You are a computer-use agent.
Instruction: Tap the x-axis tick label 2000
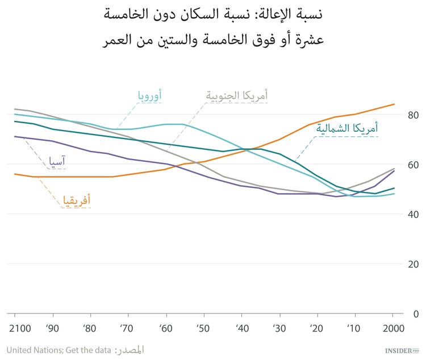pyautogui.click(x=392, y=329)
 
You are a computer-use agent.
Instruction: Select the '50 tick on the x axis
pyautogui.click(x=204, y=329)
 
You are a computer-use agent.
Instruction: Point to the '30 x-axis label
pyautogui.click(x=279, y=329)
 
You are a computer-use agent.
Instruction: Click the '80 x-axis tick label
pyautogui.click(x=90, y=329)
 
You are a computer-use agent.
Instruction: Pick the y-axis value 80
pyautogui.click(x=413, y=115)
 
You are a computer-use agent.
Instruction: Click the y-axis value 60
pyautogui.click(x=413, y=165)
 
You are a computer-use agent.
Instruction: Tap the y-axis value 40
pyautogui.click(x=413, y=214)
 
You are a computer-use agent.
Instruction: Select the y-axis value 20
pyautogui.click(x=413, y=264)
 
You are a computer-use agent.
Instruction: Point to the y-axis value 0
pyautogui.click(x=416, y=313)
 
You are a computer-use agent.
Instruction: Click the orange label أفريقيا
pyautogui.click(x=75, y=200)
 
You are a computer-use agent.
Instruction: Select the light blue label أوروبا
pyautogui.click(x=149, y=95)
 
